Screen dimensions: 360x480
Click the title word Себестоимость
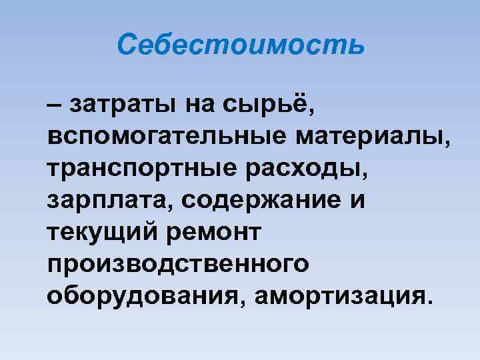pyautogui.click(x=241, y=45)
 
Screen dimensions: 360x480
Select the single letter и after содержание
pyautogui.click(x=358, y=201)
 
